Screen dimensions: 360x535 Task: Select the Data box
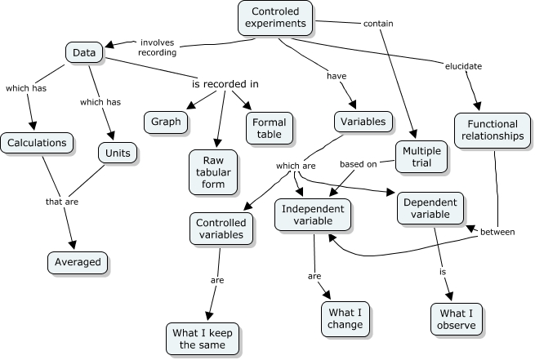tap(83, 53)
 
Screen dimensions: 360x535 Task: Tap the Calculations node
tap(37, 143)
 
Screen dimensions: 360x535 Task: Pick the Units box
tap(116, 152)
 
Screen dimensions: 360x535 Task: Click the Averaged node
tap(78, 262)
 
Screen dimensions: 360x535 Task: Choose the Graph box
tap(166, 122)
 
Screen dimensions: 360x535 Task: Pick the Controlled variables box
tap(221, 229)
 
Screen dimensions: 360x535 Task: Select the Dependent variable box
tap(430, 209)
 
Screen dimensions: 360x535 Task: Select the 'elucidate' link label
tap(463, 66)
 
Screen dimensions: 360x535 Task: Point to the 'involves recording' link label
tap(158, 47)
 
